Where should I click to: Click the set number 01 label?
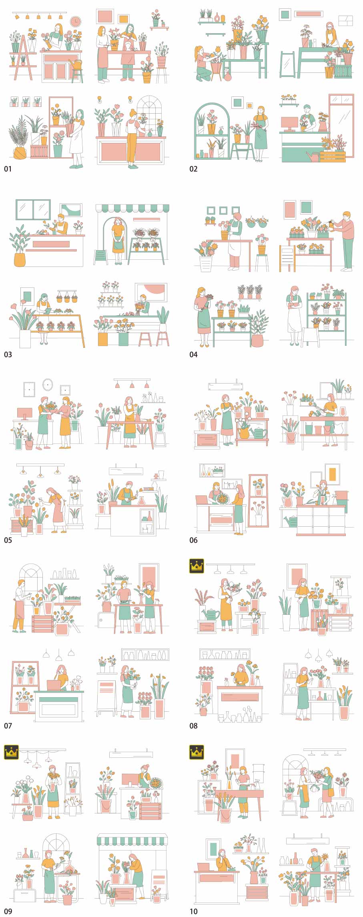[x=8, y=169]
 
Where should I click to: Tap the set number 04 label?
[x=194, y=355]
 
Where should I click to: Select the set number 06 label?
[x=194, y=540]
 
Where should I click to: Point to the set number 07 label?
[x=8, y=726]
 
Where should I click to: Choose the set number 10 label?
[x=194, y=911]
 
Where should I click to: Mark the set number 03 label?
[x=8, y=355]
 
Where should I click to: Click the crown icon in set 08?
[x=197, y=566]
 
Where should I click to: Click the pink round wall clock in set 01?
[x=75, y=21]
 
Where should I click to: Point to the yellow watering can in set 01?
[x=76, y=64]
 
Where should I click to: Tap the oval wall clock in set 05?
[x=48, y=385]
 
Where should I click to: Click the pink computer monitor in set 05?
[x=24, y=414]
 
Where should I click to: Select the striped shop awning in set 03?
[x=132, y=208]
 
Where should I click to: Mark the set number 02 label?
[x=194, y=169]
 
